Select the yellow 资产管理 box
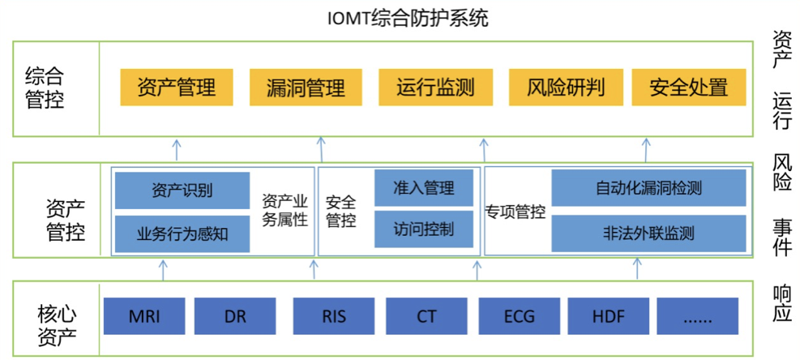(x=176, y=88)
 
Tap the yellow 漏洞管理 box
(x=306, y=88)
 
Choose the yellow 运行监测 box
(x=435, y=88)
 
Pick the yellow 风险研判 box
(x=565, y=88)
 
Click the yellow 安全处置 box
(x=688, y=88)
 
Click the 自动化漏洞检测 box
(x=648, y=189)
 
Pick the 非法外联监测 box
(x=648, y=234)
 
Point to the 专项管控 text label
(x=516, y=212)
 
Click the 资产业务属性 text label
(x=284, y=210)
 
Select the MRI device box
(x=144, y=316)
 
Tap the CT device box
(x=426, y=316)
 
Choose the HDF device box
(x=608, y=316)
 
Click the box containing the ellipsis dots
(x=697, y=316)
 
